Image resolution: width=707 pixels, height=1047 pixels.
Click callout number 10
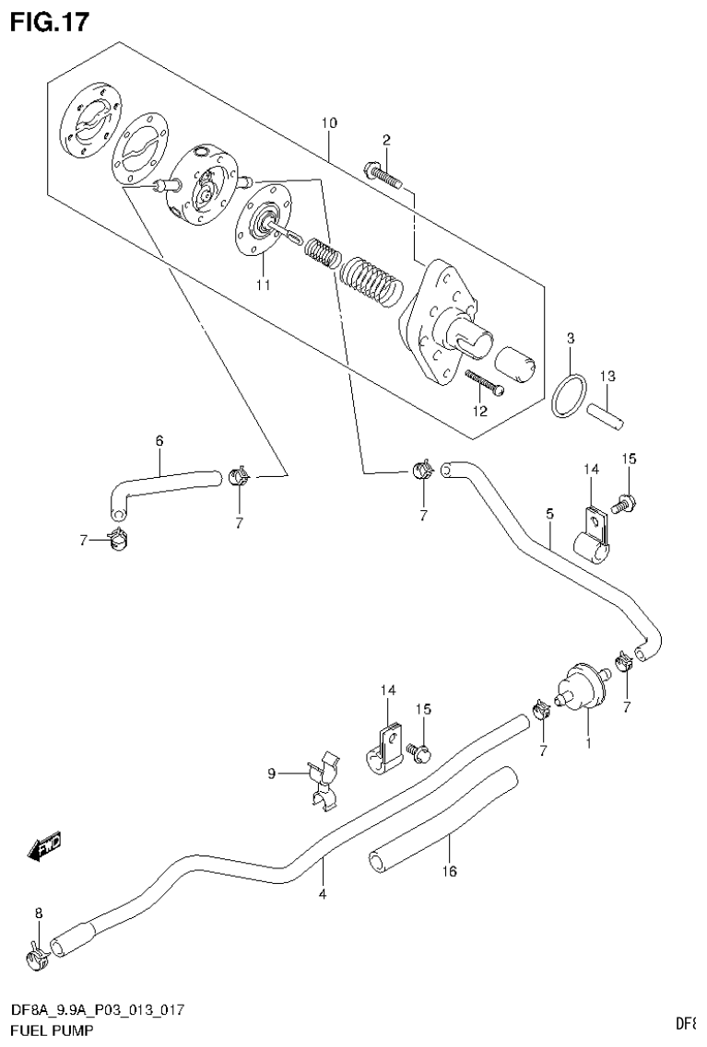(x=329, y=122)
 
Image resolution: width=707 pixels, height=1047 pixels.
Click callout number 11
(x=264, y=285)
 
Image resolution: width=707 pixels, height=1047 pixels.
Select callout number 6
(x=159, y=441)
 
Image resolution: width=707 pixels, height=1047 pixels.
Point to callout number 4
(x=322, y=891)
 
